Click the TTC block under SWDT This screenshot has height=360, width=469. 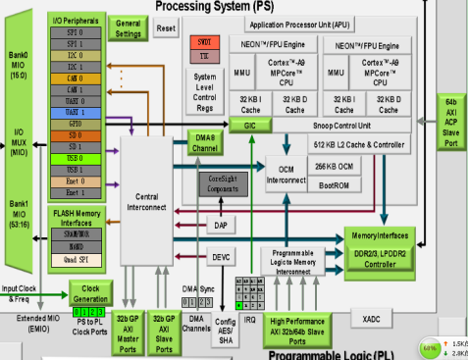tap(205, 57)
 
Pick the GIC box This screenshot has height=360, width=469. tap(250, 126)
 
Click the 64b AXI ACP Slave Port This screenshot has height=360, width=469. tap(450, 124)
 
